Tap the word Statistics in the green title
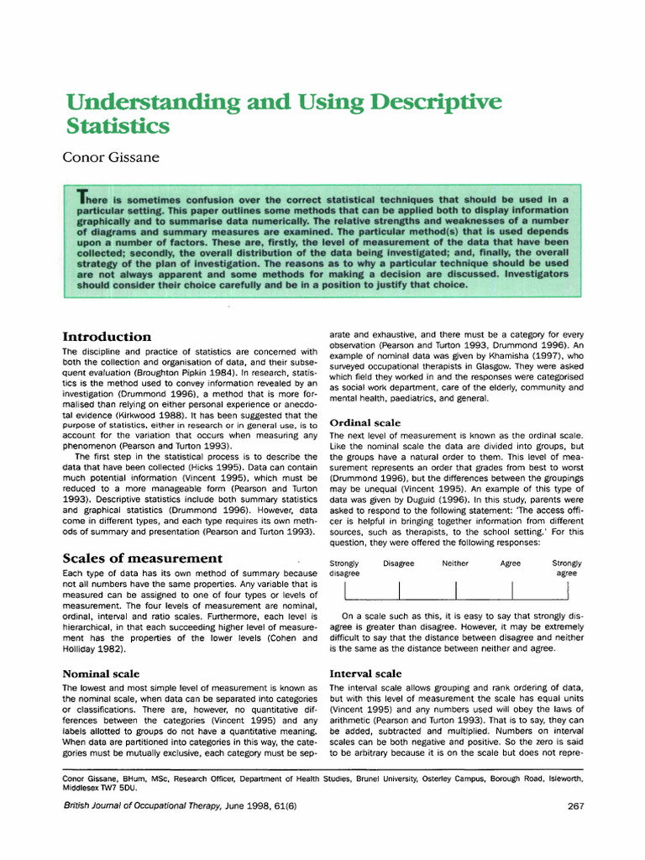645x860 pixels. (118, 127)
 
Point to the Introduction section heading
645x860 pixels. (107, 337)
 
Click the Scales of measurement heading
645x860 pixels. (143, 558)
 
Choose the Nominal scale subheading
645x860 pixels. (101, 674)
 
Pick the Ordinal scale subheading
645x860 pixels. (364, 422)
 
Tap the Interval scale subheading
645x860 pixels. (365, 674)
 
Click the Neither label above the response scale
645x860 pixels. (454, 564)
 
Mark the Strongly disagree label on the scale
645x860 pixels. (344, 568)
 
